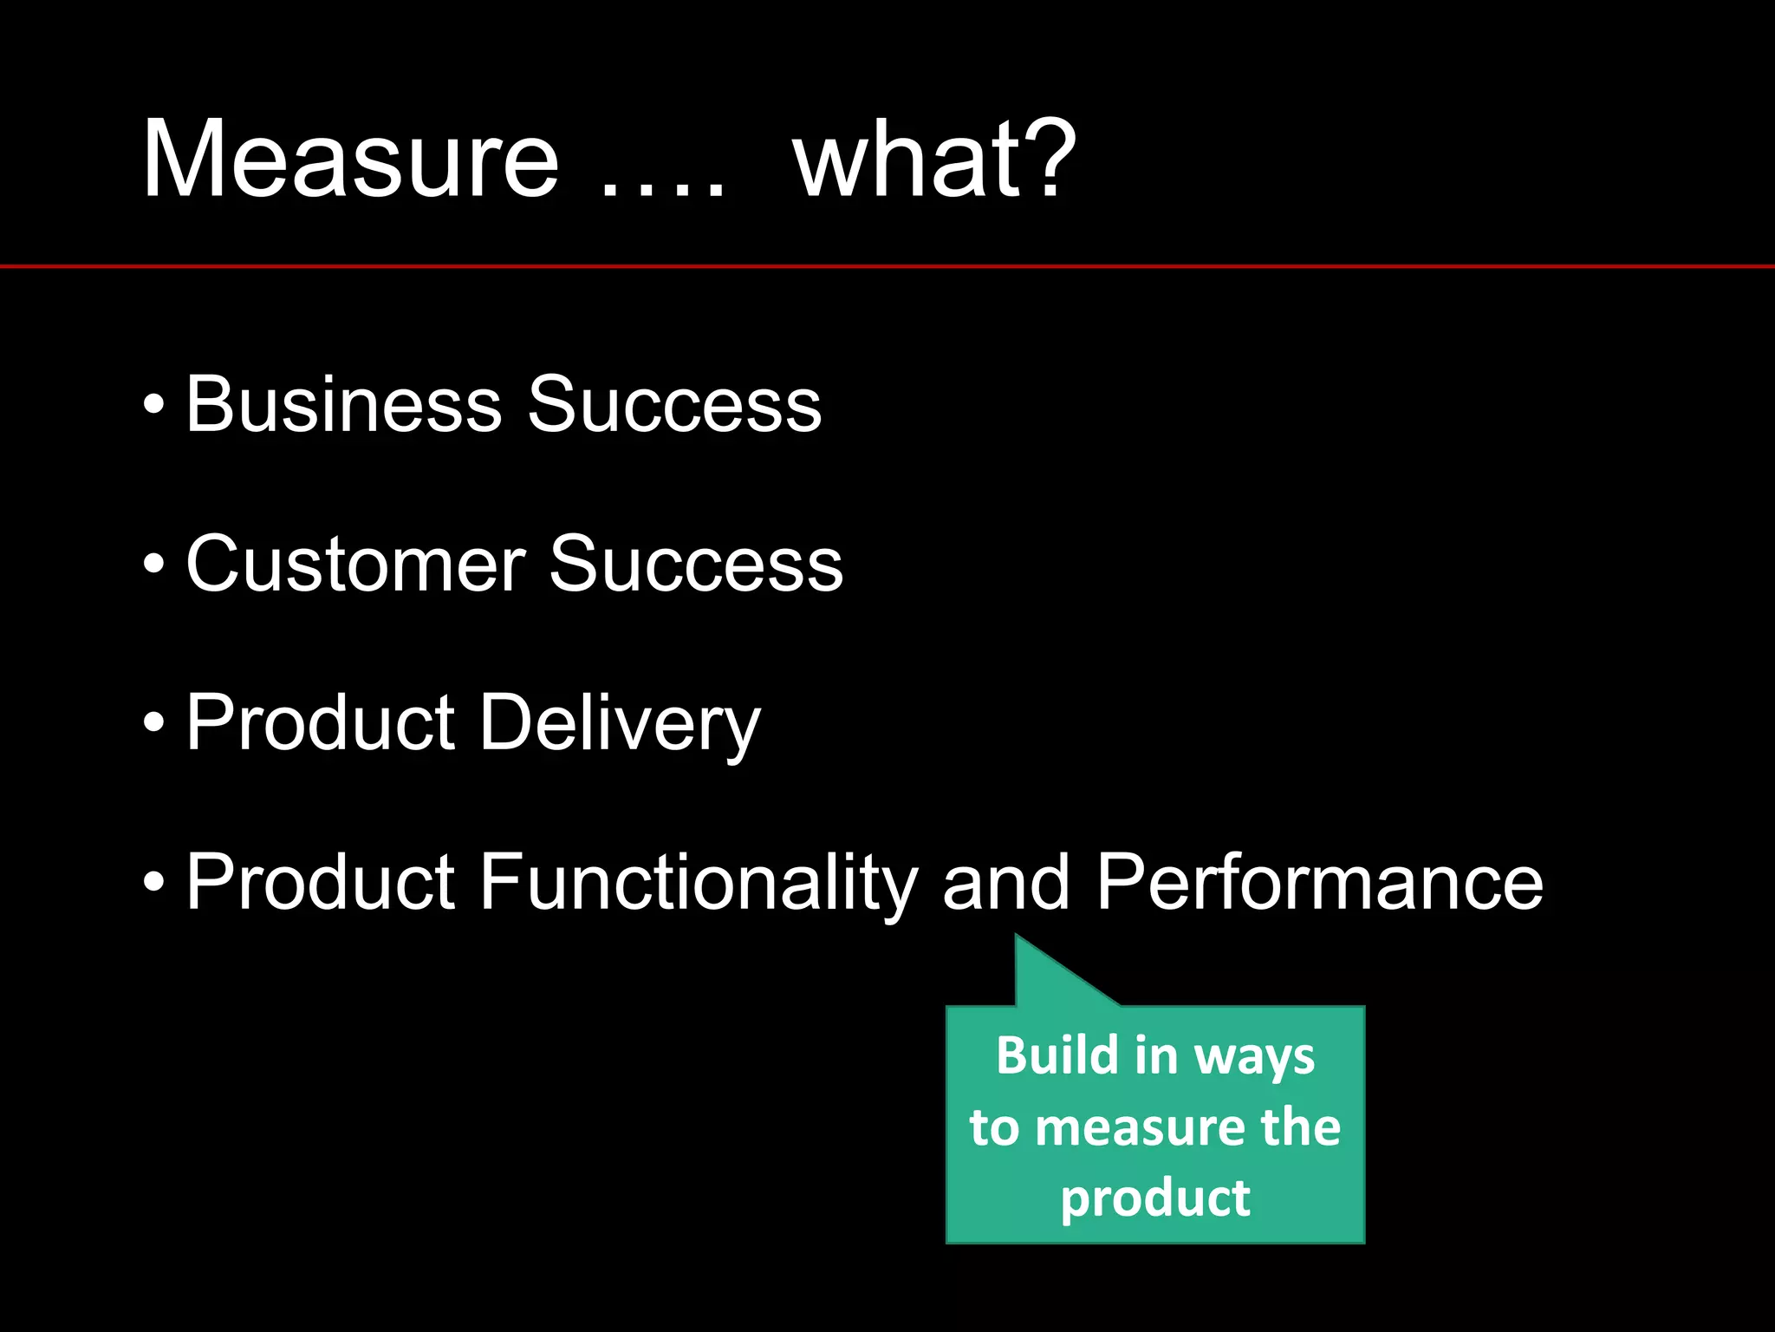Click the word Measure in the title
click(350, 160)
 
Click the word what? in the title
click(934, 160)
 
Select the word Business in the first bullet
click(343, 404)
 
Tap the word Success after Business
click(674, 404)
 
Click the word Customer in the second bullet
click(355, 565)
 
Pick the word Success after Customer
click(696, 565)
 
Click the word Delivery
click(620, 723)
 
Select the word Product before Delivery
click(320, 723)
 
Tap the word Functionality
click(698, 883)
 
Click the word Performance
click(1319, 883)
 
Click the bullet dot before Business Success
click(153, 406)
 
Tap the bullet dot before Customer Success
click(153, 565)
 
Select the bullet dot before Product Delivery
click(153, 724)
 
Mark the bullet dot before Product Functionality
click(153, 884)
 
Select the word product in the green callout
click(1155, 1198)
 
